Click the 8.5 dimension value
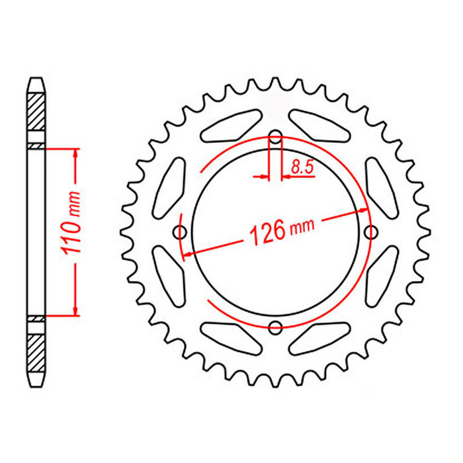(301, 168)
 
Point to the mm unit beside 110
(74, 202)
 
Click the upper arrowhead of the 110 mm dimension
(76, 153)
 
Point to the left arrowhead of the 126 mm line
(187, 253)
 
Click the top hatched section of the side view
(36, 109)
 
